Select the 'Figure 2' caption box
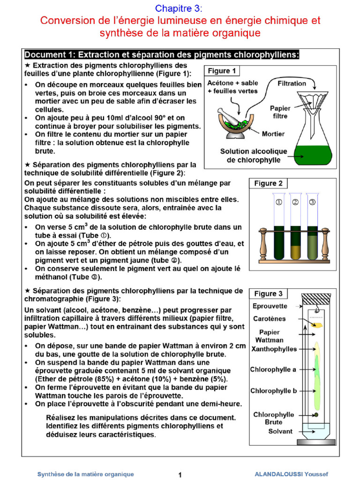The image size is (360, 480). [x=268, y=183]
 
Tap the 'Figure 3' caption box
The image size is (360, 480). [x=268, y=293]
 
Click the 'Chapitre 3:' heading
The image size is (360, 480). [x=180, y=8]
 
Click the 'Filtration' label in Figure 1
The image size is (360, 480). [x=292, y=83]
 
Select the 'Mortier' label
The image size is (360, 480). [x=273, y=134]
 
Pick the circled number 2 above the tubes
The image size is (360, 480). [x=295, y=202]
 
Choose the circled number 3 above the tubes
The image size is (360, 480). [x=313, y=202]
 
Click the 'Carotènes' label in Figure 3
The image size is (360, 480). [x=269, y=318]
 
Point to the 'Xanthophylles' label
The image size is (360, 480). [x=274, y=349]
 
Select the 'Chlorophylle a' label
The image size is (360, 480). [x=273, y=369]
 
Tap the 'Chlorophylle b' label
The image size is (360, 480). [x=273, y=390]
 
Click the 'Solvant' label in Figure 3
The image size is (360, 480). [x=280, y=431]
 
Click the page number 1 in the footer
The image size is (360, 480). [x=180, y=474]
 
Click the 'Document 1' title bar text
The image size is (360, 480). [x=162, y=54]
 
